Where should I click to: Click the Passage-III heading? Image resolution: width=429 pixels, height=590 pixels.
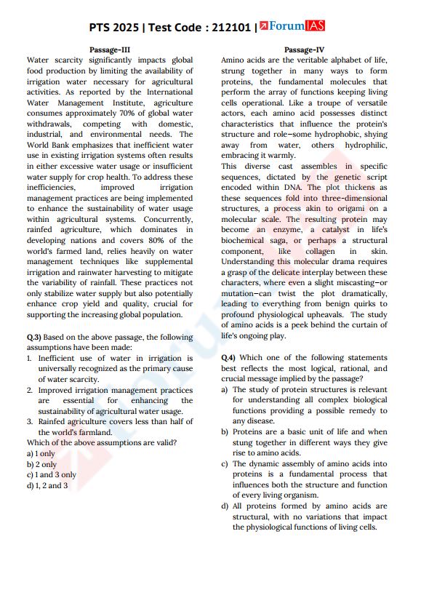click(x=109, y=49)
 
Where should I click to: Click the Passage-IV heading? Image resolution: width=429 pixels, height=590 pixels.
click(x=304, y=49)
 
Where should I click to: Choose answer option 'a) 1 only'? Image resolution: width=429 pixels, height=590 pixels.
click(x=41, y=453)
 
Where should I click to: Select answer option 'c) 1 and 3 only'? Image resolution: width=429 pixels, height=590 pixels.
click(x=51, y=474)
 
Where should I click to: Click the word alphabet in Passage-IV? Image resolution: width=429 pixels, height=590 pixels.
click(x=343, y=60)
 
